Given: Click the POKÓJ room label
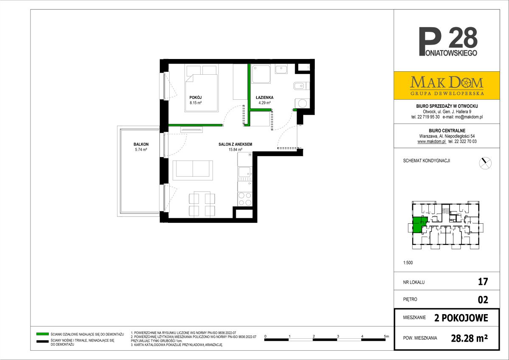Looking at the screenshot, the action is pos(196,97).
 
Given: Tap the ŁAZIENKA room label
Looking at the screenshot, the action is pos(265,97).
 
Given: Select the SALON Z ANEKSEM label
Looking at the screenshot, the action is pos(235,144).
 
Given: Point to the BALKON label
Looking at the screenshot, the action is pos(141,144).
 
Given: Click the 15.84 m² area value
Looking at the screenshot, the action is pos(235,149).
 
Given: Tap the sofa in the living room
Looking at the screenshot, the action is pos(193,170).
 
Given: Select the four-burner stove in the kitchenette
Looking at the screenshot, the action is pos(245,199).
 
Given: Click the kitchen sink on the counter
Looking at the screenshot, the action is pos(245,172).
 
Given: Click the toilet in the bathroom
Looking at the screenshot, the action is pos(301,86).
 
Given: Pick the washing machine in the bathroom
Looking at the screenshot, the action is pos(302,104).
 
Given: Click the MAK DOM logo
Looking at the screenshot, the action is pos(447,85).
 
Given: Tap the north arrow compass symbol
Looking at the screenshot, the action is pos(485,163).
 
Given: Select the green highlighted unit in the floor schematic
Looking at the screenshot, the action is pos(419,225).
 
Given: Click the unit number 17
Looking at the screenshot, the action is pos(483,281).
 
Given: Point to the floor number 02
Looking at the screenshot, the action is pos(483,300).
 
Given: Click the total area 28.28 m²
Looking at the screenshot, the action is pos(469,338).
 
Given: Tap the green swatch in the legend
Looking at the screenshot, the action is pos(42,334).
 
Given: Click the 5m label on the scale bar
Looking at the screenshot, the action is pos(386,336).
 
